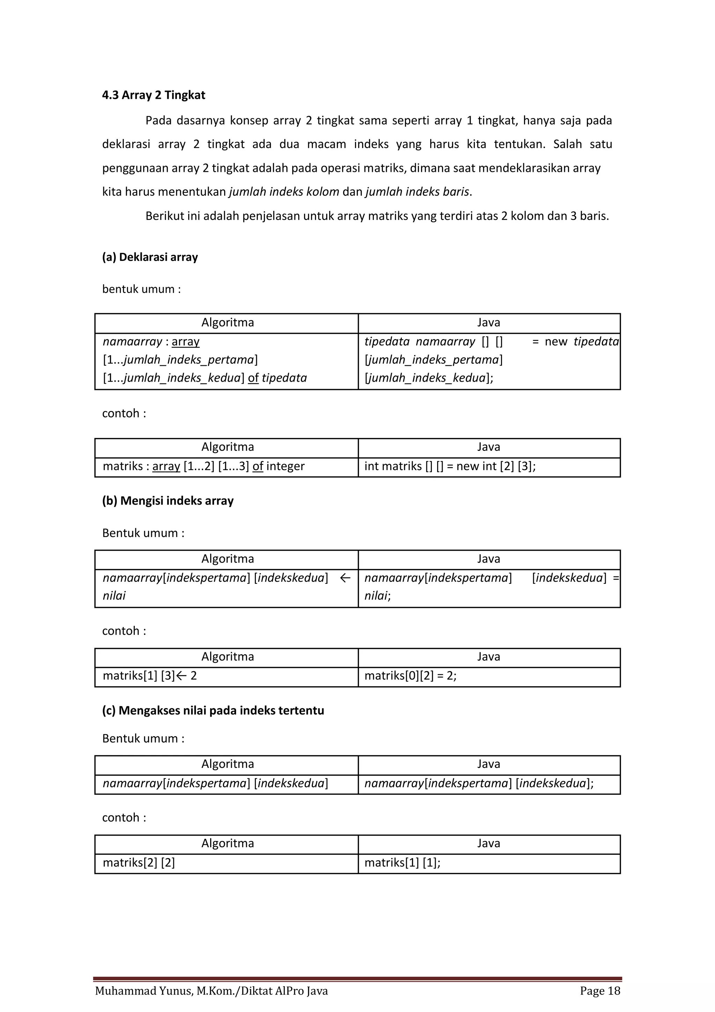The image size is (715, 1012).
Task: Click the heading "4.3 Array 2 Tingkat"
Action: (153, 95)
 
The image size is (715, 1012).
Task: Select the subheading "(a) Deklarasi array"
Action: (150, 257)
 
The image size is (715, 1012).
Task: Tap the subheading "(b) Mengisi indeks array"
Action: (168, 501)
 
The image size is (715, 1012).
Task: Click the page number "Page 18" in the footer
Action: (600, 991)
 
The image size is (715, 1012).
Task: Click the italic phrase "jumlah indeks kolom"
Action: (284, 192)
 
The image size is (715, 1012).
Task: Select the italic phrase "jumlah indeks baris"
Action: (417, 192)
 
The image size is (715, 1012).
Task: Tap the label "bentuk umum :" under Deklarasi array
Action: (141, 289)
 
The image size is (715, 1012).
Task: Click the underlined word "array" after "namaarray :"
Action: (185, 342)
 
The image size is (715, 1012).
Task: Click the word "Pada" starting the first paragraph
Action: (158, 120)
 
